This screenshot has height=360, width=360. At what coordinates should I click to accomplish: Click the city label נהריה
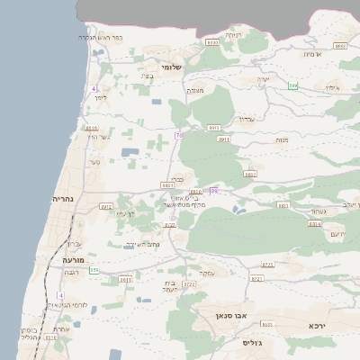point(62,199)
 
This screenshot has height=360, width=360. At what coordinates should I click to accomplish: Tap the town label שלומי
point(172,67)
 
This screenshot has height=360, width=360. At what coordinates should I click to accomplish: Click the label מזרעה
point(73,259)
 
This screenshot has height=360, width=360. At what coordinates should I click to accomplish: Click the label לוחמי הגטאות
point(68,306)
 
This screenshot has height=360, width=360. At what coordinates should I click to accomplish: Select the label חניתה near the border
point(233,35)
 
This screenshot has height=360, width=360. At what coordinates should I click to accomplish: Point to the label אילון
point(331,87)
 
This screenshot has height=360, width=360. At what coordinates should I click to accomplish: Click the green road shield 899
point(293,85)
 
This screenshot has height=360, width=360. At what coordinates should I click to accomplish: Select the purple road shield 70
point(179,135)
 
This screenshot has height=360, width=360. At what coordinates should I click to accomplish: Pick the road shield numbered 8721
point(256,279)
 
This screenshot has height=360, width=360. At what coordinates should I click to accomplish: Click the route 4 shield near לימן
point(94,88)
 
